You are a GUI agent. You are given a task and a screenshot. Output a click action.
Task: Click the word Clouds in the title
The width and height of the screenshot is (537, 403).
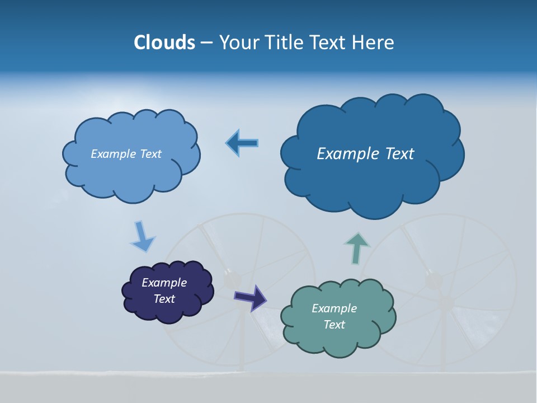[164, 42]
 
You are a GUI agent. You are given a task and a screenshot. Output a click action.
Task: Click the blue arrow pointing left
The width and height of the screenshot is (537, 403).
[242, 143]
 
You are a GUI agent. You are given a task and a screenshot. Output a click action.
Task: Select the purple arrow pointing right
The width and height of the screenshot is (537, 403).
[250, 297]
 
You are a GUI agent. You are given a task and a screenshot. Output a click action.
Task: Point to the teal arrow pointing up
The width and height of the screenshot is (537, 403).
[356, 248]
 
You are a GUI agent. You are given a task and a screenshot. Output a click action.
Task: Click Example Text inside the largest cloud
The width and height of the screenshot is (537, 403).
[365, 154]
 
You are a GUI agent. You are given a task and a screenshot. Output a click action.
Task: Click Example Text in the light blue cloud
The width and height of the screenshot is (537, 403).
[126, 154]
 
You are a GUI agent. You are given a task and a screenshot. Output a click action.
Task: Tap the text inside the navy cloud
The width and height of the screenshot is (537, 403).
[164, 290]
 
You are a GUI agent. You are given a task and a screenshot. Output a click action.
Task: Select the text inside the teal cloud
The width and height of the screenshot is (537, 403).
[334, 316]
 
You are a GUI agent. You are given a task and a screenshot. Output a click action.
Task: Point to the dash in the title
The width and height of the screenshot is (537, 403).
[206, 43]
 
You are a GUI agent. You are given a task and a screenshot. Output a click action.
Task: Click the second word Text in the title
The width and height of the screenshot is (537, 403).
[330, 42]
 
